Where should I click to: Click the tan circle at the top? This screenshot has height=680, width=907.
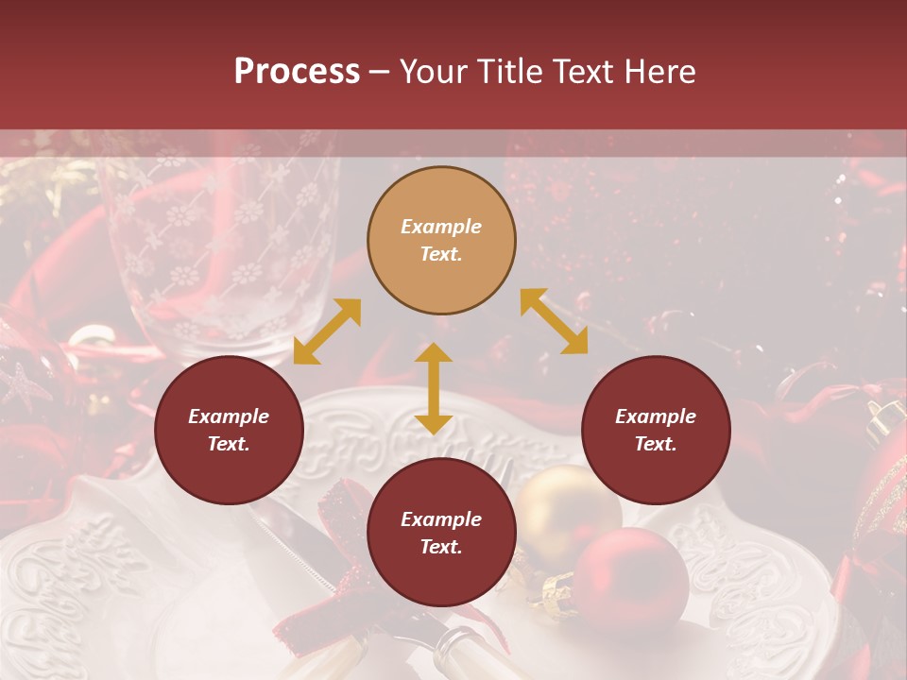pyautogui.click(x=441, y=240)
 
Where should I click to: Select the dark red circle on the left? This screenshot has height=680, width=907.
pyautogui.click(x=229, y=430)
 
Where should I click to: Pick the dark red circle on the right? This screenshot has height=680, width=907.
pyautogui.click(x=656, y=430)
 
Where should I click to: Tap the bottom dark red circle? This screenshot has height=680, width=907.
pyautogui.click(x=441, y=533)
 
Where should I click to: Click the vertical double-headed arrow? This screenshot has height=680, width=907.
pyautogui.click(x=434, y=388)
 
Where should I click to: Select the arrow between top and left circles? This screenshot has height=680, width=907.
pyautogui.click(x=327, y=331)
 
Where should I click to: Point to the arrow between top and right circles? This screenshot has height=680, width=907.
pyautogui.click(x=554, y=321)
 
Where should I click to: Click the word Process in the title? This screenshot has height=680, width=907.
pyautogui.click(x=297, y=71)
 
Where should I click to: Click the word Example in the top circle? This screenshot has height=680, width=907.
pyautogui.click(x=441, y=227)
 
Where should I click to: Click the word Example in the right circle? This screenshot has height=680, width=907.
pyautogui.click(x=656, y=416)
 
